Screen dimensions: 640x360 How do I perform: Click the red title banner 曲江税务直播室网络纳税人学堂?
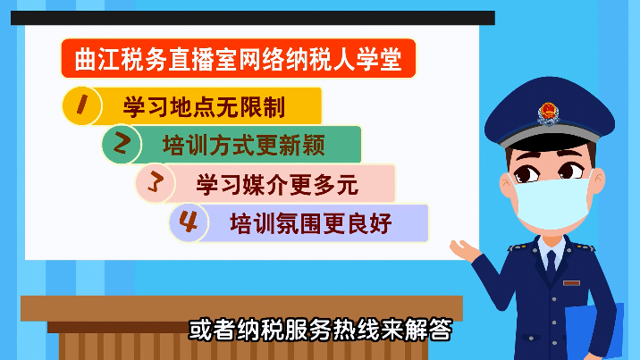[239, 58]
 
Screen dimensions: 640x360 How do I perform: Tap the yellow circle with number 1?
[82, 105]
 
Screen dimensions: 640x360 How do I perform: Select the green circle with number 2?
[122, 144]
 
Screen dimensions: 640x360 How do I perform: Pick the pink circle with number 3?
[156, 183]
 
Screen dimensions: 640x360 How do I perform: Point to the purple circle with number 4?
[189, 222]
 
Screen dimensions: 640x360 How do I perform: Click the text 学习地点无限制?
[204, 107]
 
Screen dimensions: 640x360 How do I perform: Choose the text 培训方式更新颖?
[244, 146]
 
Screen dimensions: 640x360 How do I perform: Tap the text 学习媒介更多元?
[277, 185]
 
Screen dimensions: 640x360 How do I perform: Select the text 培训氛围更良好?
[311, 223]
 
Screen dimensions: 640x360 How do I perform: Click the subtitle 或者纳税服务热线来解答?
[320, 329]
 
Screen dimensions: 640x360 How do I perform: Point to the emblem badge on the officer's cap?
[548, 113]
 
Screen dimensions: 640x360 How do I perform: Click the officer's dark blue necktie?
[551, 265]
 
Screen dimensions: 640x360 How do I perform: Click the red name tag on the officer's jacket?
[571, 283]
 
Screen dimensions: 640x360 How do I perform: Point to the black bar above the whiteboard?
[253, 18]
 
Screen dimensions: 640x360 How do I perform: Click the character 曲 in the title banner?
[85, 59]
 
